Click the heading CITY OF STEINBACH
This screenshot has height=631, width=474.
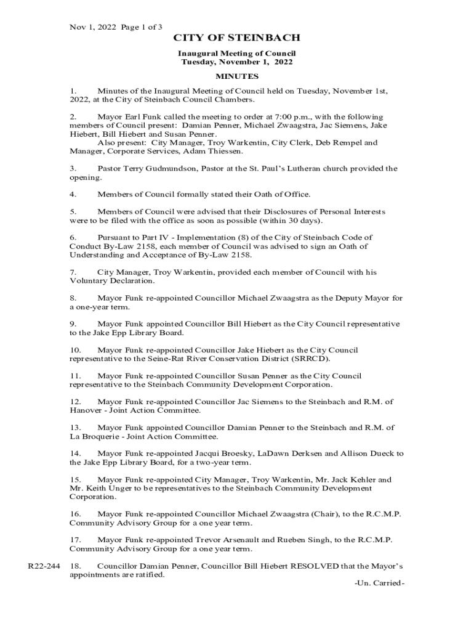(x=236, y=39)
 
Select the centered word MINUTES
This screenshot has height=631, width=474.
(x=237, y=76)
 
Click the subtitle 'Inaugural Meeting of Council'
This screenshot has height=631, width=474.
(x=237, y=54)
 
